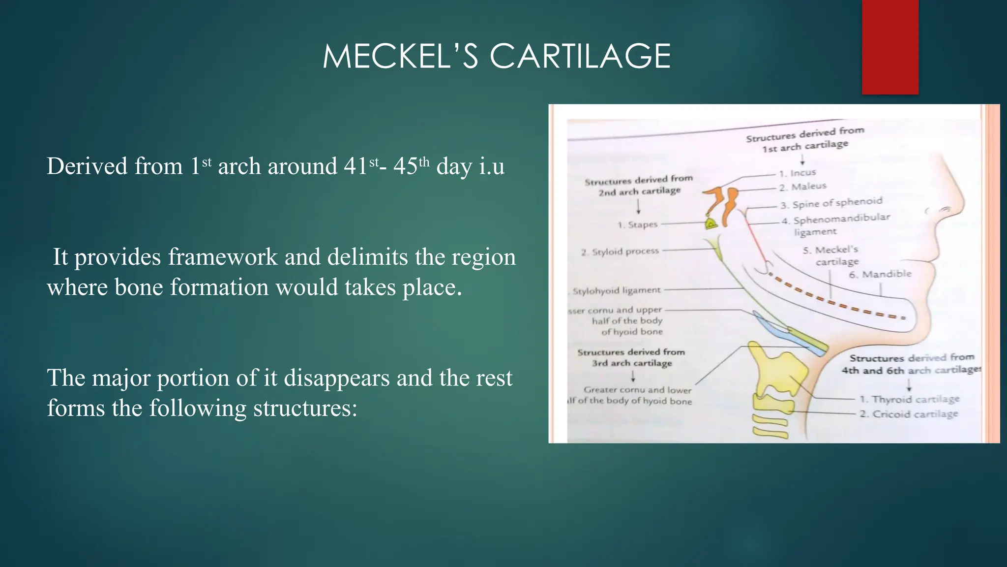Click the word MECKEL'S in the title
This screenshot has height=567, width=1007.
(x=400, y=56)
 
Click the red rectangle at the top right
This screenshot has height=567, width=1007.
(x=890, y=47)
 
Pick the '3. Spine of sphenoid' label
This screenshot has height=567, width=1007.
(x=831, y=202)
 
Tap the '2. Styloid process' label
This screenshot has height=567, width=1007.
(x=620, y=252)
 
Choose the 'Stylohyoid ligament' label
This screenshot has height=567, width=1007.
(x=617, y=290)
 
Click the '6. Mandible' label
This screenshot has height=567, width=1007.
(x=880, y=274)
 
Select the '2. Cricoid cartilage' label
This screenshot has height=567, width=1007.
(x=909, y=414)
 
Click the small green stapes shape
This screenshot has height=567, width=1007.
(x=711, y=224)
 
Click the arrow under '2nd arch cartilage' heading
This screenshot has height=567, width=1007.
(x=639, y=206)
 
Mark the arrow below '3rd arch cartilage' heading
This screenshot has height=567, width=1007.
(x=633, y=377)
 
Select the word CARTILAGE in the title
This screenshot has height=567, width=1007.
(x=580, y=56)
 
